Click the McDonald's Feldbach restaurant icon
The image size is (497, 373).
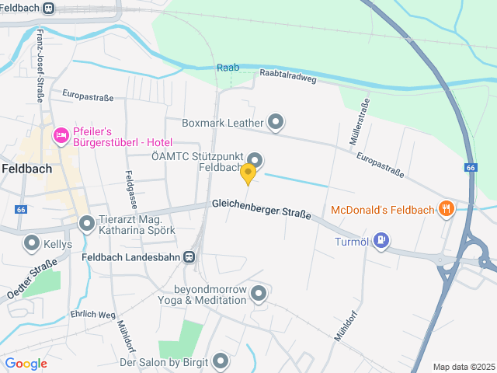coord(446,208)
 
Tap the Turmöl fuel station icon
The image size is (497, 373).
coord(381,239)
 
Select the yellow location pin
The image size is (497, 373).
coord(248,173)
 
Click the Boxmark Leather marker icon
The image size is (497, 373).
coord(276,122)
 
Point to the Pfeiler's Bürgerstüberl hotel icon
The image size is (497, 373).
coord(61,136)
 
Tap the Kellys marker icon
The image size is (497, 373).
coord(32,244)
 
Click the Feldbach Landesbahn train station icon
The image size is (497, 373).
coord(189,256)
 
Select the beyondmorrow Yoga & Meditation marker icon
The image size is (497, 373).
coord(259,293)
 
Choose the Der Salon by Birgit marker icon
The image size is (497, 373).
coord(221,361)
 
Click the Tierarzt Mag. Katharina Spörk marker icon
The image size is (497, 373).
coord(87,225)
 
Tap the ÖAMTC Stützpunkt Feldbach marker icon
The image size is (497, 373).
coord(255,161)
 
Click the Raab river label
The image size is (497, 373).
coord(228,68)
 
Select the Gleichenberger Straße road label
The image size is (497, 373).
coord(261,208)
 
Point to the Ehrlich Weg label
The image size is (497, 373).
coord(93,314)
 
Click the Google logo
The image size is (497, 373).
coord(26,364)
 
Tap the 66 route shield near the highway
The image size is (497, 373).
coord(471,168)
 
